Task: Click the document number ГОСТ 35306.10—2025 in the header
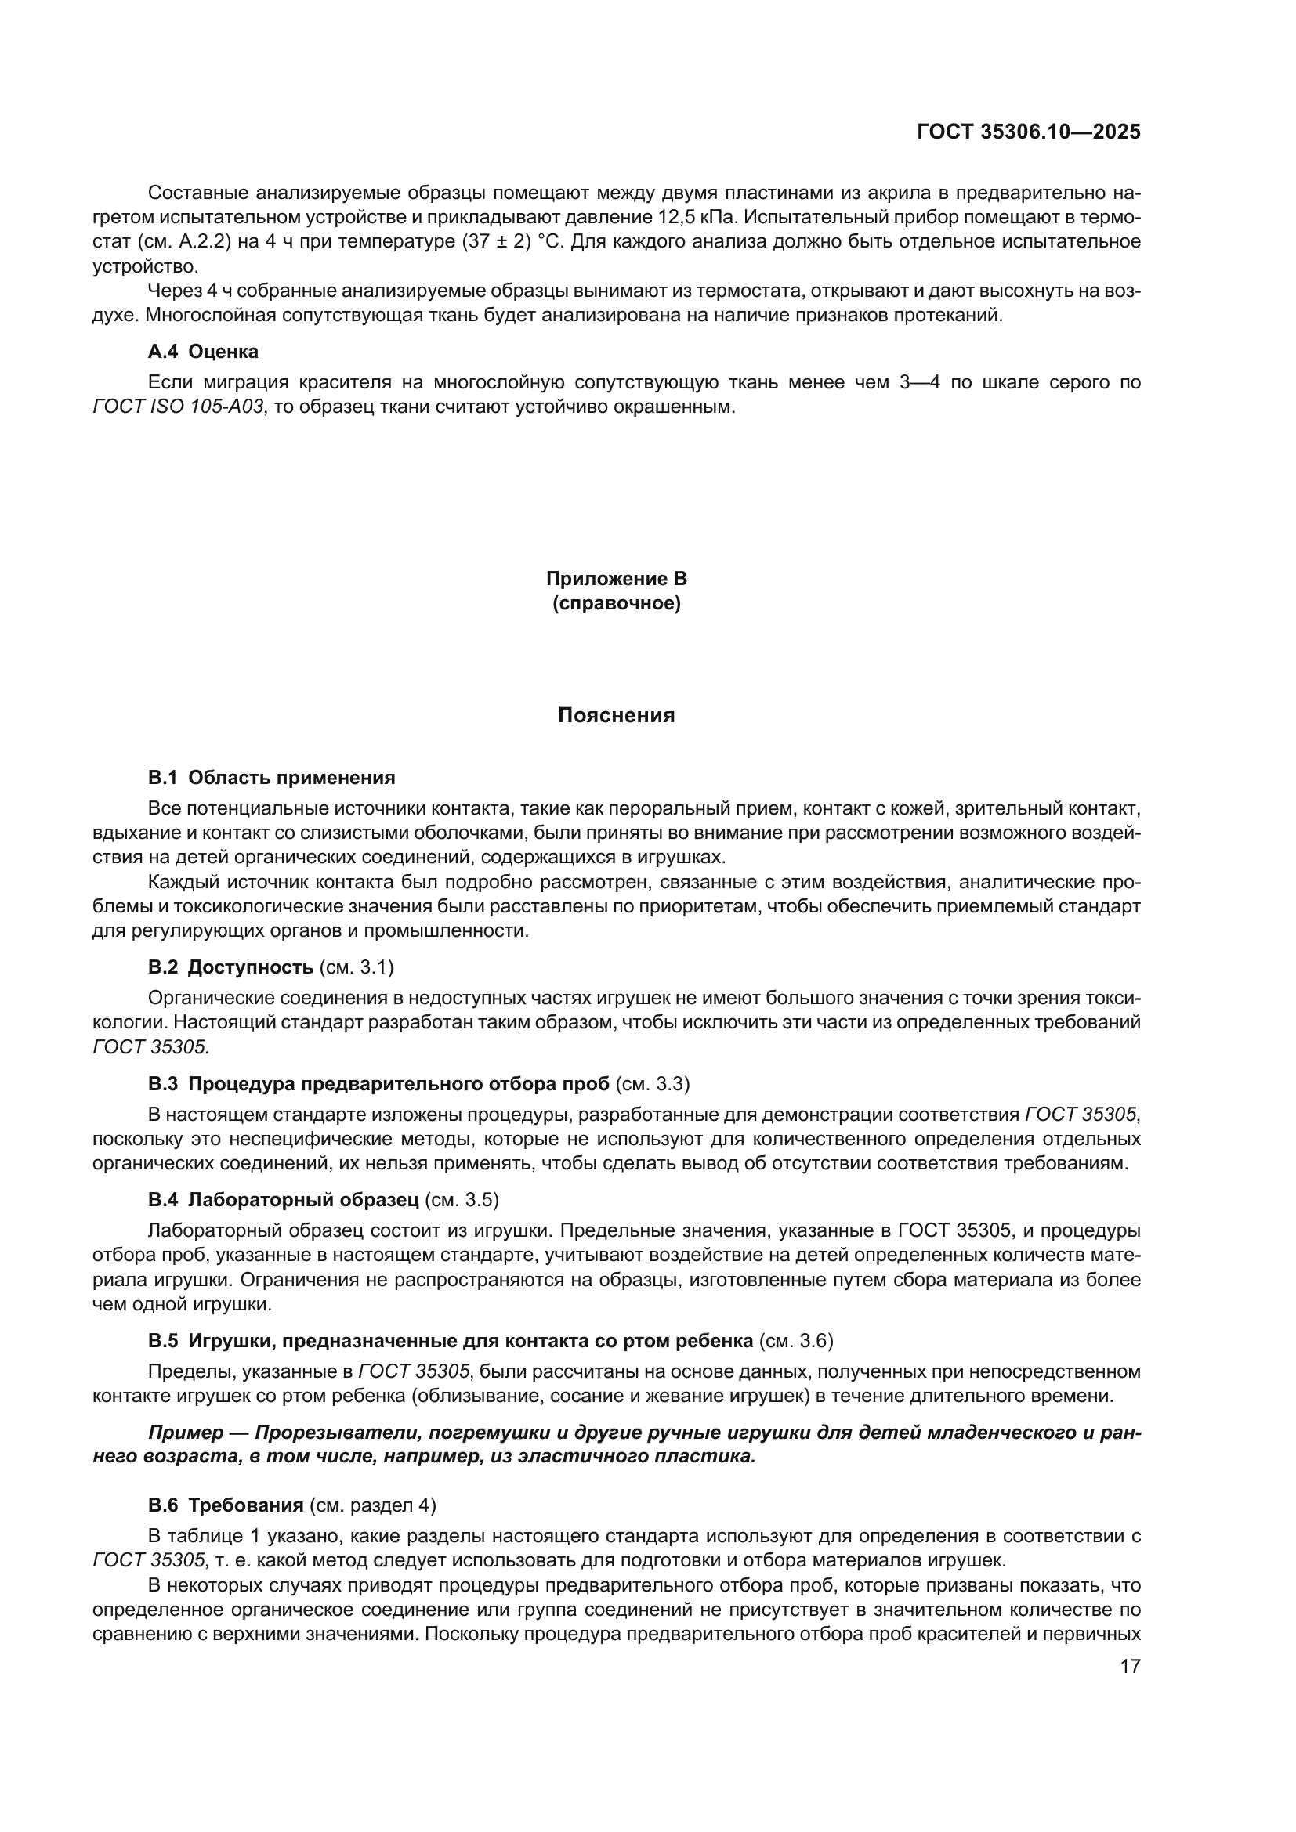(1029, 132)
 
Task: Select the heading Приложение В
(616, 579)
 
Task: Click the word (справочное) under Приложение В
(616, 603)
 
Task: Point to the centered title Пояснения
(616, 716)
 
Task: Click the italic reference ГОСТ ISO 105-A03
(178, 407)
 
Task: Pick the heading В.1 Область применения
(271, 777)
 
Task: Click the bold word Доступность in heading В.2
(250, 967)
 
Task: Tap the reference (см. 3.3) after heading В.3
(653, 1083)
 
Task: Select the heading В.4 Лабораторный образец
(283, 1200)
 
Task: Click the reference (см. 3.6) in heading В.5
(795, 1340)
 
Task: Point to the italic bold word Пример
(186, 1433)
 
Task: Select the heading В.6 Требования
(225, 1505)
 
